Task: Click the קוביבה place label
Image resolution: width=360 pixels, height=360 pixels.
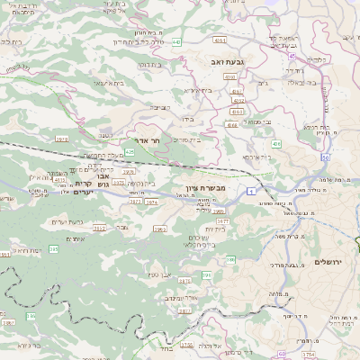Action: click(x=160, y=107)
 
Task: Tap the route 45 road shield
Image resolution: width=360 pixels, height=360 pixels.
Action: click(x=293, y=56)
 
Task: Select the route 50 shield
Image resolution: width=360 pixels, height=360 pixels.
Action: click(x=323, y=157)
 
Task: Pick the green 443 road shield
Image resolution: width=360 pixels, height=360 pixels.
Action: click(x=176, y=41)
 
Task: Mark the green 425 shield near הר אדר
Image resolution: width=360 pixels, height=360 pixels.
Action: click(x=130, y=152)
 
